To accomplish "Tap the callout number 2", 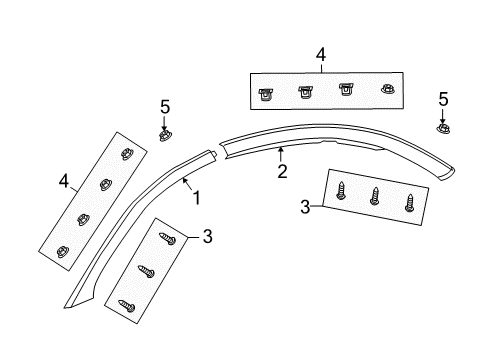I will pyautogui.click(x=282, y=170).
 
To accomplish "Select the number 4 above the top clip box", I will pyautogui.click(x=320, y=56).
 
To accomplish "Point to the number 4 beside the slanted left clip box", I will pyautogui.click(x=63, y=181).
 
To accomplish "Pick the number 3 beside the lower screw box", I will pyautogui.click(x=207, y=236).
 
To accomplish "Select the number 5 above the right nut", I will pyautogui.click(x=444, y=99).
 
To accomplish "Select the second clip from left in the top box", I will pyautogui.click(x=305, y=92).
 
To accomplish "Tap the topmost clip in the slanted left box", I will pyautogui.click(x=127, y=153).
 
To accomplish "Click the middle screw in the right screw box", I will pyautogui.click(x=375, y=196).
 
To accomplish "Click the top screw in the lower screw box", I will pyautogui.click(x=169, y=240).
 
